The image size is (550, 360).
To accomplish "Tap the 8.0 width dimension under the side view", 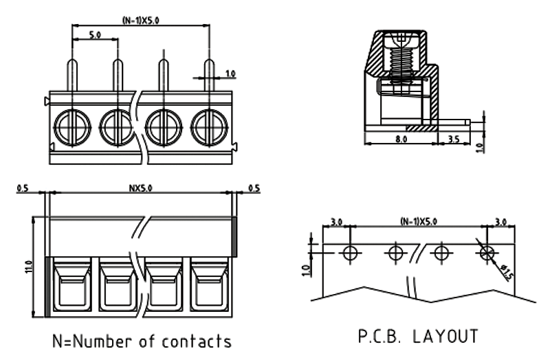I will [401, 138].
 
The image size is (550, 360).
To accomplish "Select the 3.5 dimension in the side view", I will [454, 138].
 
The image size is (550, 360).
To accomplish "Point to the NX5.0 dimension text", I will [140, 188].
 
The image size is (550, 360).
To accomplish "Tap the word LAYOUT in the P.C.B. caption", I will [445, 337].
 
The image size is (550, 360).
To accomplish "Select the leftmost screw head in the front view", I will [72, 126].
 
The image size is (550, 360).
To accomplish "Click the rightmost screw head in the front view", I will [208, 126].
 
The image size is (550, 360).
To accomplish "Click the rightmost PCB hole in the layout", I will [487, 252].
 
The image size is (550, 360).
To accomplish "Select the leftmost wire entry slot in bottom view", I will [72, 286].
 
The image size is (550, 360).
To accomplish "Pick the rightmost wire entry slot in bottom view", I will [208, 286].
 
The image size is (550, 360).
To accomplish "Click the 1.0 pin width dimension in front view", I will [230, 72].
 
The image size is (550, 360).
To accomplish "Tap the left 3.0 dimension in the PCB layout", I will [337, 221].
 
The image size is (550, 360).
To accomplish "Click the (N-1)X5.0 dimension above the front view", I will [140, 20].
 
